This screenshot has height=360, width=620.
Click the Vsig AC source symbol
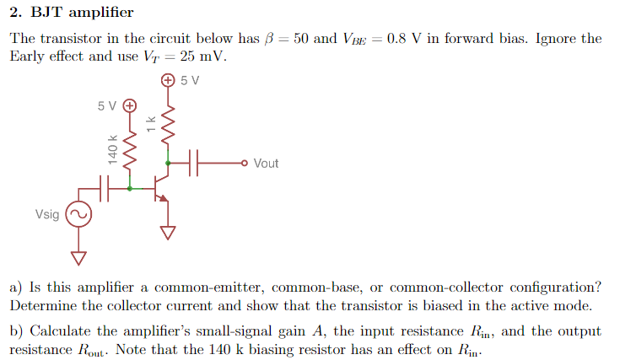[78, 215]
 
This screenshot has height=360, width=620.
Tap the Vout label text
[266, 164]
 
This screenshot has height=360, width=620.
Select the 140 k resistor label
[111, 148]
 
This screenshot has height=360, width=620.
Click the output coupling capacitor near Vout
[197, 163]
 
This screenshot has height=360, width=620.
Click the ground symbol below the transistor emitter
[169, 232]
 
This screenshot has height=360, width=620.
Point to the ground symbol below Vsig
[78, 256]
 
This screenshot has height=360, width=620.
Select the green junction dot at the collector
[168, 163]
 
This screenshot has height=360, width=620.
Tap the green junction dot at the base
[129, 189]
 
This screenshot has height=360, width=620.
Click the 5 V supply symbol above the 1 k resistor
[168, 81]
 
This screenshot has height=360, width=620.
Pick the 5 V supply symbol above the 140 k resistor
[129, 106]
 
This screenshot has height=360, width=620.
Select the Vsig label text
[47, 215]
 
